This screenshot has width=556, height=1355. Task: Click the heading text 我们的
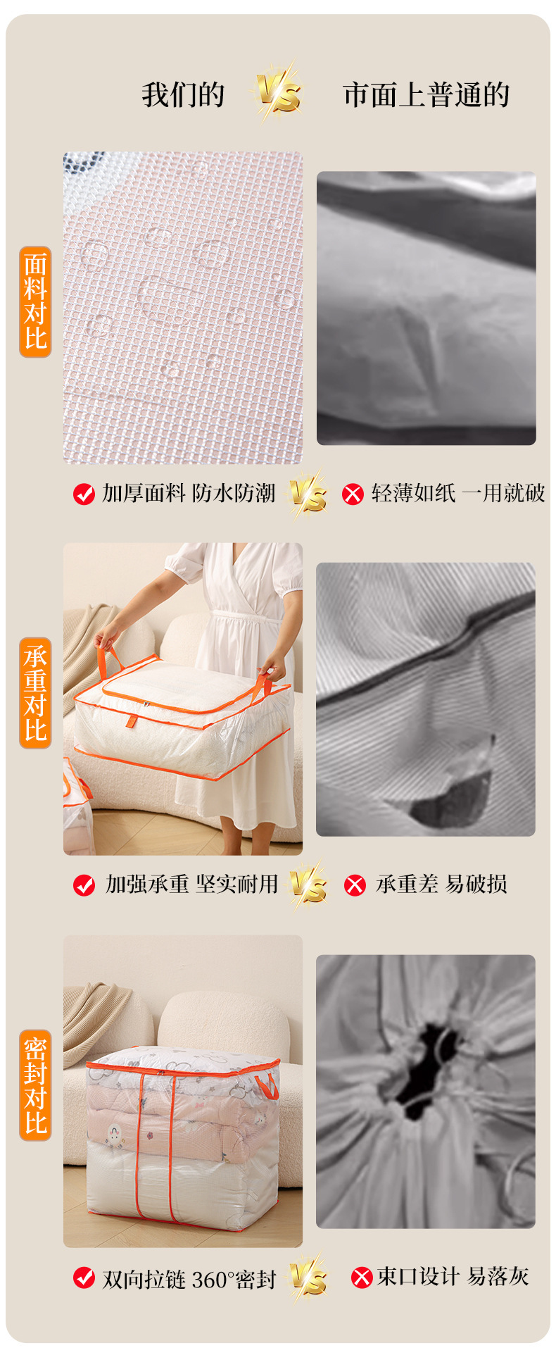click(x=183, y=95)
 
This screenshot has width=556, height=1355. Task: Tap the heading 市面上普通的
click(x=427, y=95)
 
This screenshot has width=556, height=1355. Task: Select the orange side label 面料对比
click(x=35, y=301)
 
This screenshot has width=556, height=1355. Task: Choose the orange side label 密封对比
click(x=35, y=1085)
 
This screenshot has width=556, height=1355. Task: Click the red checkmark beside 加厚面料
click(x=84, y=494)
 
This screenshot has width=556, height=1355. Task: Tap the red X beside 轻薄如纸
click(x=353, y=494)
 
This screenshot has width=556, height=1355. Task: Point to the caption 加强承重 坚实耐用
click(x=191, y=884)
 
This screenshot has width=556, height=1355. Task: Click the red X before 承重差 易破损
click(x=355, y=885)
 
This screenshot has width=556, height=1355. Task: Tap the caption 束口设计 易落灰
click(x=453, y=1275)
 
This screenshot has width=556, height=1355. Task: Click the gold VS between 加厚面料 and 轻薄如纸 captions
click(x=308, y=494)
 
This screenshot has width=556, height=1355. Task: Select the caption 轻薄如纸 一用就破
click(x=458, y=493)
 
